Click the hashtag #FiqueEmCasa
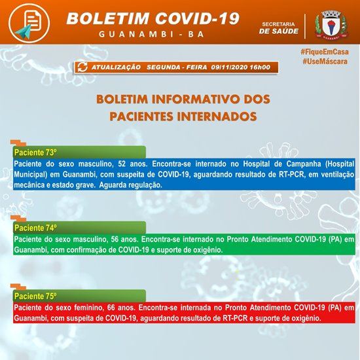[325, 52]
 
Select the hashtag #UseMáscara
[325, 62]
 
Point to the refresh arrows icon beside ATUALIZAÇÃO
[82, 67]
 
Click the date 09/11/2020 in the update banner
[229, 67]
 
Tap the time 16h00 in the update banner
[260, 67]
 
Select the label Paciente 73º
[35, 153]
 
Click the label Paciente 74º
[35, 228]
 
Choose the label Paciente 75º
[35, 296]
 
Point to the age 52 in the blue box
[122, 164]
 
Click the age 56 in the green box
[115, 239]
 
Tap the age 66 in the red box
[111, 308]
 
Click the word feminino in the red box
[88, 308]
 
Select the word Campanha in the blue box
[300, 164]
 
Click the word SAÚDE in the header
[287, 31]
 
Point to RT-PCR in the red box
[235, 319]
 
